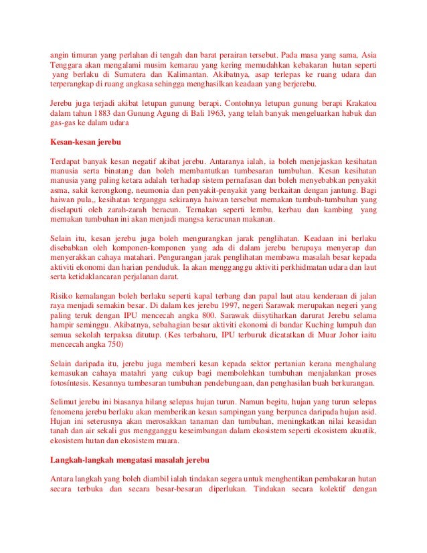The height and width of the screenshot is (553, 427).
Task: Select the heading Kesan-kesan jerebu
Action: point(86,142)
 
